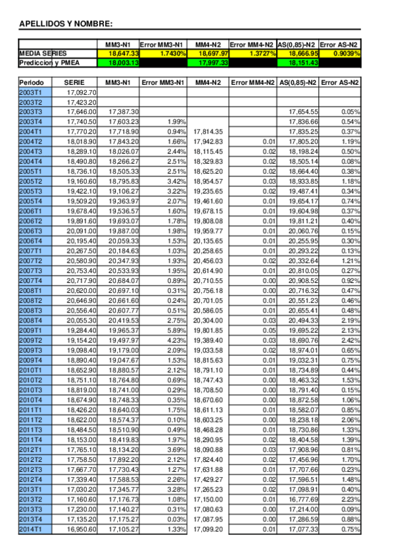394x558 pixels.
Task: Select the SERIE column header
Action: click(x=74, y=83)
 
